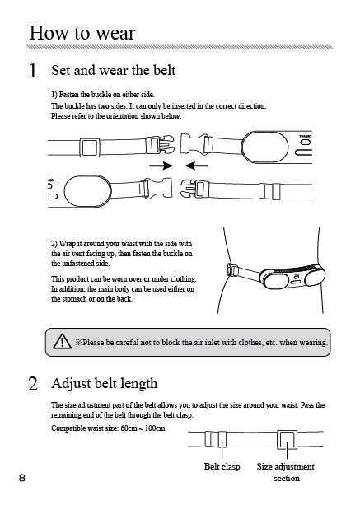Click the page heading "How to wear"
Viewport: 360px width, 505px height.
[82, 32]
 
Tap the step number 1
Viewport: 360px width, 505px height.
[33, 71]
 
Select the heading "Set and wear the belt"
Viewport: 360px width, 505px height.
[114, 70]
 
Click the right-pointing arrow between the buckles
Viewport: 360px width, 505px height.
[161, 166]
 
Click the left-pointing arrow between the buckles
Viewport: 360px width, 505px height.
[197, 166]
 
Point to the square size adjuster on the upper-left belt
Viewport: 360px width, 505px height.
[90, 147]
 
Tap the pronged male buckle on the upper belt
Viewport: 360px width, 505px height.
[160, 145]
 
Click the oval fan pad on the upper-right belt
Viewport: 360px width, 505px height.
[264, 147]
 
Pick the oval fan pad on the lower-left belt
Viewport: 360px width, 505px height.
[88, 191]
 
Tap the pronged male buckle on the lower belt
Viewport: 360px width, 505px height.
[194, 189]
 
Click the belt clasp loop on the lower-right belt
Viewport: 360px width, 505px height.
[269, 191]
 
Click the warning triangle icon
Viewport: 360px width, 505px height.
[62, 341]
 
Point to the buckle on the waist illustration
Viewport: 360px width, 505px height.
[232, 270]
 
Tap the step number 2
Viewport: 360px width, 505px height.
[33, 384]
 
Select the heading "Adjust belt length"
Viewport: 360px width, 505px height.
[105, 383]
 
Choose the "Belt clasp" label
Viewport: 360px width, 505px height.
[222, 466]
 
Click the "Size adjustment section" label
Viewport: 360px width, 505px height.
[286, 472]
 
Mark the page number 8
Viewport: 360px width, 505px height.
[22, 478]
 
